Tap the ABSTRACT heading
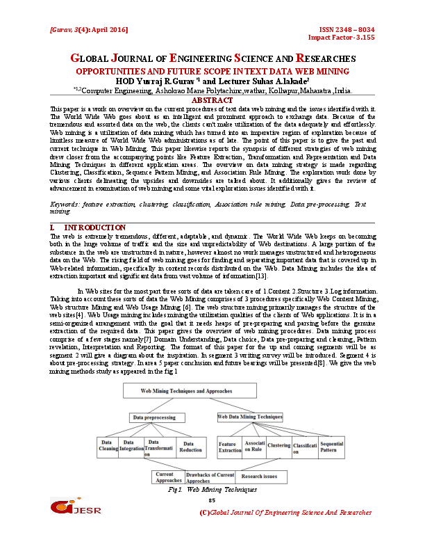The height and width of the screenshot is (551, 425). tap(212, 101)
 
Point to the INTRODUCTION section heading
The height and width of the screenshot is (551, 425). tap(94, 228)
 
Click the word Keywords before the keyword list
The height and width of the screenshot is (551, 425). tap(67, 205)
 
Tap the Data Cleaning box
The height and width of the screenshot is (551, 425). tap(110, 446)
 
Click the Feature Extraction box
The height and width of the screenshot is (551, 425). tap(230, 447)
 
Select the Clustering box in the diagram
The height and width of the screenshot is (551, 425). tap(278, 446)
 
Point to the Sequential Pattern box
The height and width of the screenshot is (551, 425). tap(332, 446)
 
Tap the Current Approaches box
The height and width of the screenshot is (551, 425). tap(168, 477)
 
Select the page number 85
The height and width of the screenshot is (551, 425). tap(212, 500)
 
